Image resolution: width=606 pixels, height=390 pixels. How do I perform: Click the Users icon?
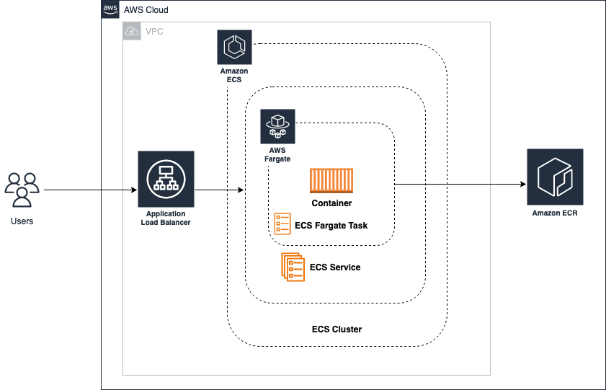click(x=22, y=190)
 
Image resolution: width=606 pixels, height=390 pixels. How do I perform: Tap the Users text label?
click(x=22, y=221)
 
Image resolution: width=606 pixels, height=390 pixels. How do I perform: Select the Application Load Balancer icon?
click(x=166, y=179)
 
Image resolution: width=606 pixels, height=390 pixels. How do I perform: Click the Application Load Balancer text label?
click(x=166, y=218)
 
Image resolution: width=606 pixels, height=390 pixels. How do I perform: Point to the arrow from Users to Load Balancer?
click(x=90, y=190)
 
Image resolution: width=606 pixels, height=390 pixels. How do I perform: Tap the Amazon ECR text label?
click(x=555, y=213)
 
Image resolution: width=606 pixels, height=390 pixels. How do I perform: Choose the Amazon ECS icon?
click(x=234, y=48)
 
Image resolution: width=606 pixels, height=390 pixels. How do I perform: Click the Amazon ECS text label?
click(x=234, y=76)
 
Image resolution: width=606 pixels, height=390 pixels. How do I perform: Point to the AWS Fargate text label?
click(x=278, y=154)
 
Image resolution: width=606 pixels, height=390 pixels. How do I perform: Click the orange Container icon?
click(x=331, y=182)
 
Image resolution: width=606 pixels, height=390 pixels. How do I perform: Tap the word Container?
click(x=331, y=204)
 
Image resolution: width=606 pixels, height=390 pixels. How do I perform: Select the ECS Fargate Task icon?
click(x=282, y=224)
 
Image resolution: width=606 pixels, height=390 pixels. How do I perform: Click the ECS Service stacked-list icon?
click(x=293, y=267)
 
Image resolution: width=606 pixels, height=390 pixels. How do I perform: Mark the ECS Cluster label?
click(x=337, y=329)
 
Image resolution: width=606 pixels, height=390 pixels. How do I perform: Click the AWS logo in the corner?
click(x=110, y=9)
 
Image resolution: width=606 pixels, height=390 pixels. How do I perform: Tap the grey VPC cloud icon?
click(x=132, y=31)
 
